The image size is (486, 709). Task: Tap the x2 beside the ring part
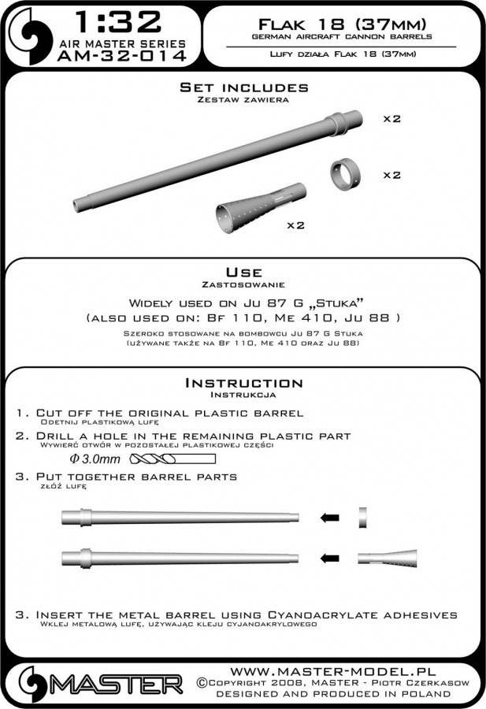pos(391,174)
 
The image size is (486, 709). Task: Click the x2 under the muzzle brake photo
pos(296,225)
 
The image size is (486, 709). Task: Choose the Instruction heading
pos(243,383)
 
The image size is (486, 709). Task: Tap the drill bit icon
pos(174,459)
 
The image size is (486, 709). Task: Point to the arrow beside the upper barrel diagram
pos(331,518)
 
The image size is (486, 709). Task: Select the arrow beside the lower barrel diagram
pos(331,558)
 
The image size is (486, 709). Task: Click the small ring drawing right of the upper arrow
pos(363,518)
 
